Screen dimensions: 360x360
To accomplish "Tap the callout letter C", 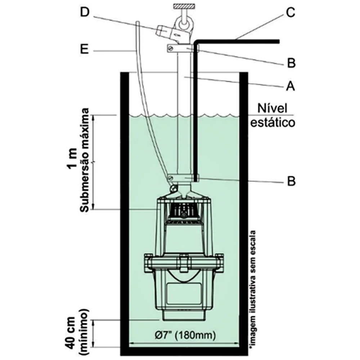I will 290,13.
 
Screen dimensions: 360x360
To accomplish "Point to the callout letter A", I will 290,86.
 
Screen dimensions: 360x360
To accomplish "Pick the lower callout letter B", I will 291,181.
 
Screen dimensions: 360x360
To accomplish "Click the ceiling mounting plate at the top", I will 184,6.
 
